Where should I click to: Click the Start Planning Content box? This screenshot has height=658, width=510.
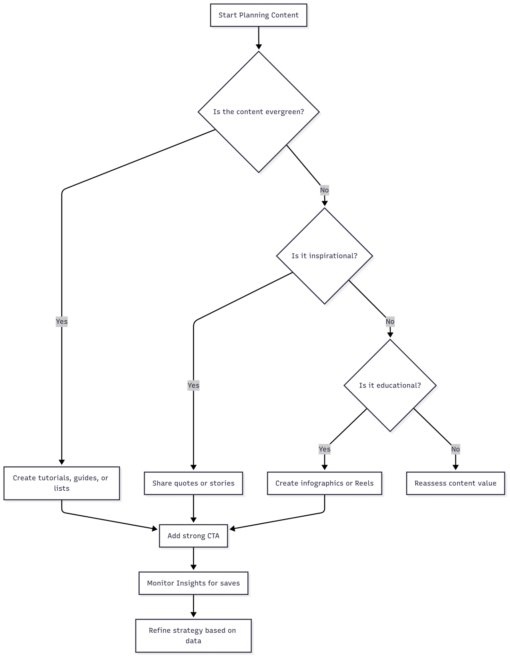coord(259,15)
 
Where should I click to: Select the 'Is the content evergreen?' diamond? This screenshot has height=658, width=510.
coord(259,112)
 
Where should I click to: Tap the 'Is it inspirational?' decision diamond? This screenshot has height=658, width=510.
coord(324,256)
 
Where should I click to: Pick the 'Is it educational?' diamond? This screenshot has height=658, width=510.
coord(390,385)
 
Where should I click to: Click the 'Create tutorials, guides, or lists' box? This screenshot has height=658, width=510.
coord(62,483)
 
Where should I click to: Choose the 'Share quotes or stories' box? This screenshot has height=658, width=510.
coord(193,483)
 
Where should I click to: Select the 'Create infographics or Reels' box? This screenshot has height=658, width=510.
coord(324,483)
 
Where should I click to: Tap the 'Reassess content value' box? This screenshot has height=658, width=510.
coord(455,483)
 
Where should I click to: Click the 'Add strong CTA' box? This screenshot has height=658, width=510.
coord(193,536)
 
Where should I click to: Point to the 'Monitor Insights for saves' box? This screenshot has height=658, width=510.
coord(193,583)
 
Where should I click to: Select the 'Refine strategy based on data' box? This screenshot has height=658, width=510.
coord(193,636)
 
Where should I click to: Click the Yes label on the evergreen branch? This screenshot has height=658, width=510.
coord(62,321)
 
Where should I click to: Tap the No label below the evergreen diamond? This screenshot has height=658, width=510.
coord(324,190)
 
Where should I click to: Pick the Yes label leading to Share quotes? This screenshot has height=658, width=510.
coord(193,385)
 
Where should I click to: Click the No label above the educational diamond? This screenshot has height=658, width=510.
coord(390,321)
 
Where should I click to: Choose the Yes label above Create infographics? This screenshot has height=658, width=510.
coord(324,449)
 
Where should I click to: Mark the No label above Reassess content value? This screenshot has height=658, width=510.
coord(455,449)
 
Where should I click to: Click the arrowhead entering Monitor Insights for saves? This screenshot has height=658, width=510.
coord(193,569)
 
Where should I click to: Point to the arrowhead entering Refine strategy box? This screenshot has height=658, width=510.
coord(193,616)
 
